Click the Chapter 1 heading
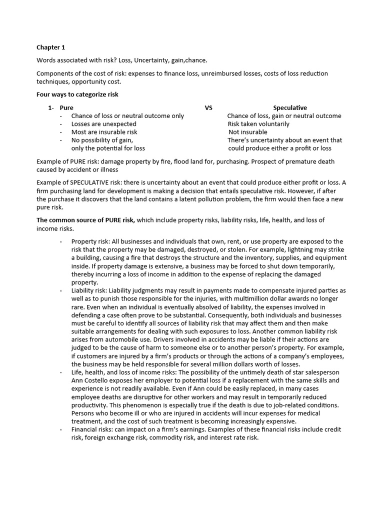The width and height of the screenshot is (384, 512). pos(51,47)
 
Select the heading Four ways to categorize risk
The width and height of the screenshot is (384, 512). pos(77,94)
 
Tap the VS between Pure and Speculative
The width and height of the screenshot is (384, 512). pos(208,107)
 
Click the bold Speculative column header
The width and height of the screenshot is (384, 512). pos(290,107)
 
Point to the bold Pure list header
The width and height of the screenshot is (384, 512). pos(66,107)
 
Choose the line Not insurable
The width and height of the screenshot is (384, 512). pos(248,132)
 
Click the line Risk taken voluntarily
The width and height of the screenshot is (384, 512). pos(258,124)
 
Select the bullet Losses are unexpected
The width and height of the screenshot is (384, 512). pos(103,124)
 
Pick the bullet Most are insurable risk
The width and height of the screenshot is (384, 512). pos(104,132)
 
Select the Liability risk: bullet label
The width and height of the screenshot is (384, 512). pos(89,290)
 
